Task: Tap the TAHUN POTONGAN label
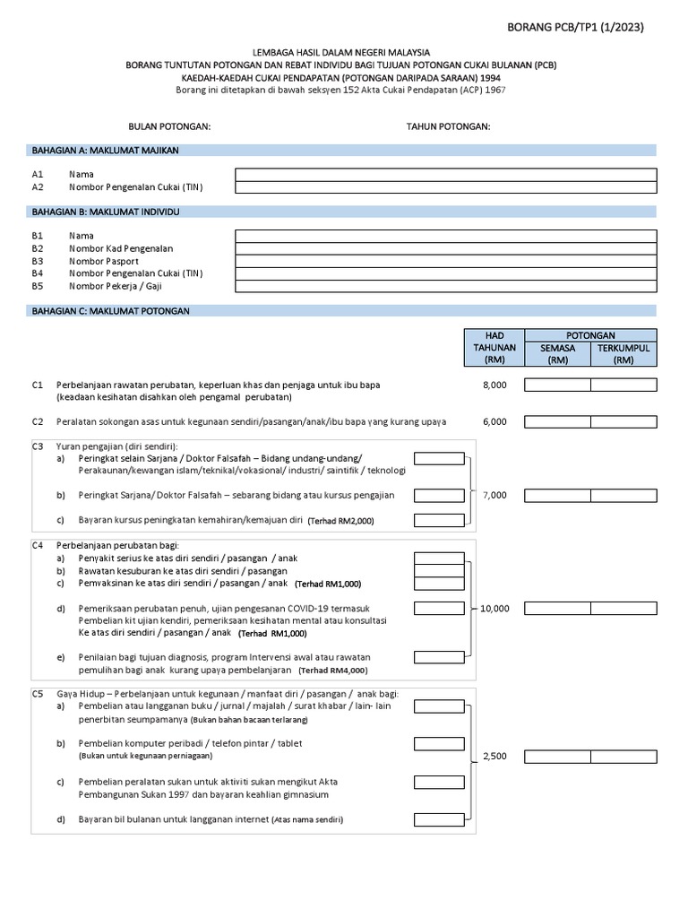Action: tap(449, 126)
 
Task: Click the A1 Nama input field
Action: tap(445, 175)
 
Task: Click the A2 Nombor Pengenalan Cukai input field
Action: tap(445, 187)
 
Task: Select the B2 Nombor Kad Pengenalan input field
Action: tap(445, 248)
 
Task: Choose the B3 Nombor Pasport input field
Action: tap(445, 261)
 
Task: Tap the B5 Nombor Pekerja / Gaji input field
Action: tap(445, 286)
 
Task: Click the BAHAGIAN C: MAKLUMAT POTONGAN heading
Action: tap(111, 310)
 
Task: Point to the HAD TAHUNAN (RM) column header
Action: tap(494, 347)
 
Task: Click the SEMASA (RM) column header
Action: tap(558, 354)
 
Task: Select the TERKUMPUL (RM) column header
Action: tap(623, 354)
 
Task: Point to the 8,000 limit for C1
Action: tap(494, 385)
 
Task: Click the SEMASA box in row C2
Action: tap(557, 421)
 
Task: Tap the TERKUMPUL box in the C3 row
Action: tap(623, 495)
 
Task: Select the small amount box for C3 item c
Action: tap(439, 520)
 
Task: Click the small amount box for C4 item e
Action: tap(439, 657)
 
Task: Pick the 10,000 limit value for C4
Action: tap(494, 609)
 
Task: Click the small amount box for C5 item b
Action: tap(439, 744)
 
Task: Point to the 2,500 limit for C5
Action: tap(494, 757)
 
